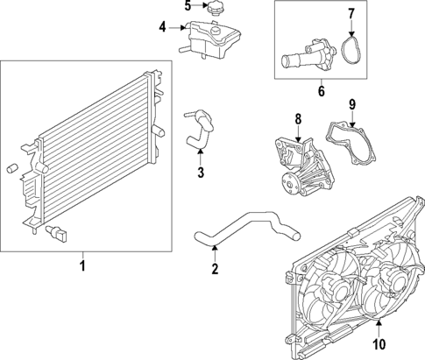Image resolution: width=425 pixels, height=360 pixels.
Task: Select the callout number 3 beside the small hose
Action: [201, 172]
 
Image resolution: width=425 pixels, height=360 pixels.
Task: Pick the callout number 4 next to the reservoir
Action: [162, 27]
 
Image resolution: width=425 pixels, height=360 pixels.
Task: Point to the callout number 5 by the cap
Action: [188, 7]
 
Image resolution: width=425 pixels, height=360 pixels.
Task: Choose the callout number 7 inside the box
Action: [351, 14]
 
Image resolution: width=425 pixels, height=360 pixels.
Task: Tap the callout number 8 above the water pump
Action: [297, 118]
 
